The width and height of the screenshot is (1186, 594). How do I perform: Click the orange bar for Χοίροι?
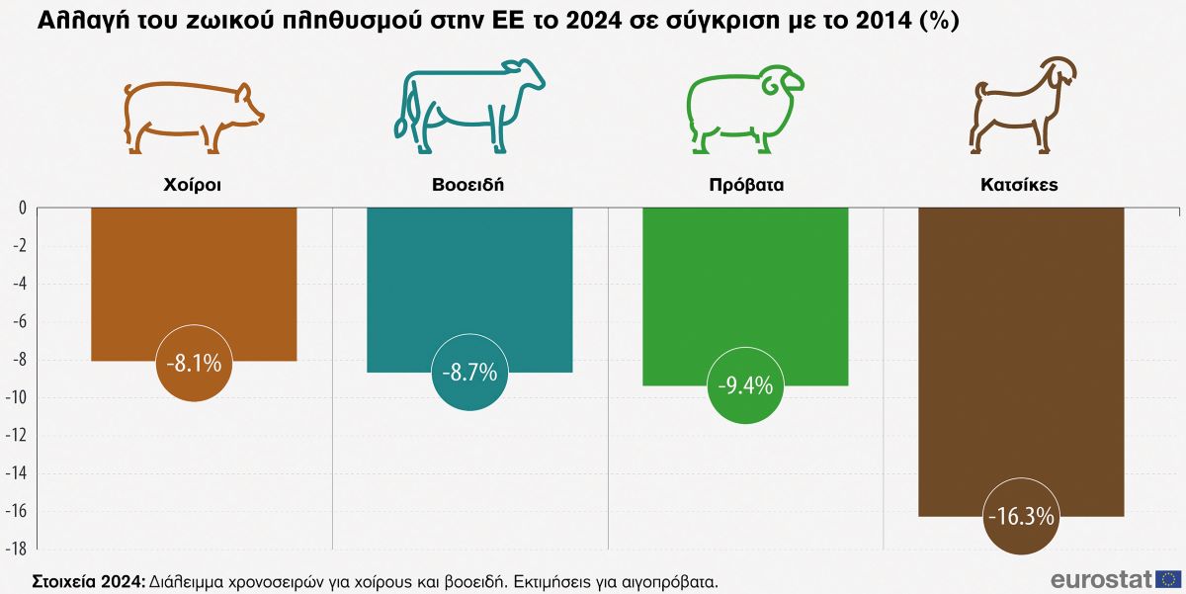[x=194, y=277]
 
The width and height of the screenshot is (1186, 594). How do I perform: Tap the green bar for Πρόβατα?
[x=745, y=287]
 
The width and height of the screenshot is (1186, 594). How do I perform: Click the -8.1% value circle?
[x=194, y=363]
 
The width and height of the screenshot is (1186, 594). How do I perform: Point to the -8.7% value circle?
[x=469, y=373]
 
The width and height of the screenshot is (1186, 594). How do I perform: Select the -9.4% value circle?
[x=745, y=384]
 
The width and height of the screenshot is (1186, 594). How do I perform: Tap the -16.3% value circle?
[x=1021, y=516]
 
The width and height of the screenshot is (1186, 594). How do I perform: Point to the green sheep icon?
[x=745, y=109]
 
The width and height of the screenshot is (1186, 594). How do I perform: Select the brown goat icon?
[x=1021, y=104]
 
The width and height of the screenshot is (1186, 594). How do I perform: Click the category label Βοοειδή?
[x=468, y=185]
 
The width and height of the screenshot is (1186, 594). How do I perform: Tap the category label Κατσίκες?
[x=1020, y=185]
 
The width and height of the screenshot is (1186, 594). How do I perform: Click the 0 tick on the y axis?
[x=22, y=208]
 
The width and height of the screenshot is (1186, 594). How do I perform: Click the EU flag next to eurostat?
[x=1169, y=579]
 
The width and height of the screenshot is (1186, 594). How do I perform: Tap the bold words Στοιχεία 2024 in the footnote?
[x=88, y=580]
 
